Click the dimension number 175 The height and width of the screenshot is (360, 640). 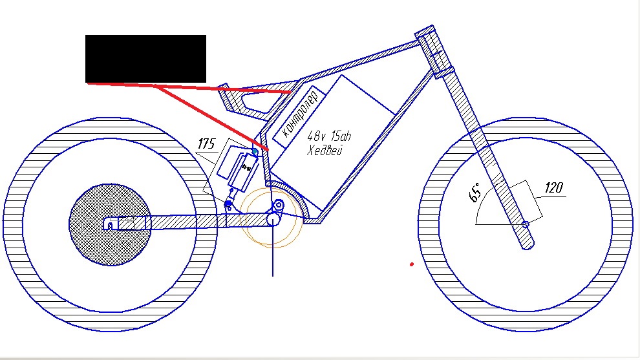206,143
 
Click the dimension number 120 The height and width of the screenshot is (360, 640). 553,187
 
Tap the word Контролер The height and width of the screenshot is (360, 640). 300,114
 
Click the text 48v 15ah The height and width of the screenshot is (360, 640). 329,136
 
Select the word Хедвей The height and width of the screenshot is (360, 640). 325,150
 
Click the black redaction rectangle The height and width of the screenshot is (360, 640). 145,59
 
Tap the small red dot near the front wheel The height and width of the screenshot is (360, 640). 411,264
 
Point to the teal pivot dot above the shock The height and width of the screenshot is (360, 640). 255,152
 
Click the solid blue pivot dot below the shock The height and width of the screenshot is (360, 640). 229,203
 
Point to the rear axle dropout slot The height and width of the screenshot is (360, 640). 110,226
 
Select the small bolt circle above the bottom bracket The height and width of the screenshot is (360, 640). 279,204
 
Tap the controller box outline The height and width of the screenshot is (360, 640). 299,117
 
